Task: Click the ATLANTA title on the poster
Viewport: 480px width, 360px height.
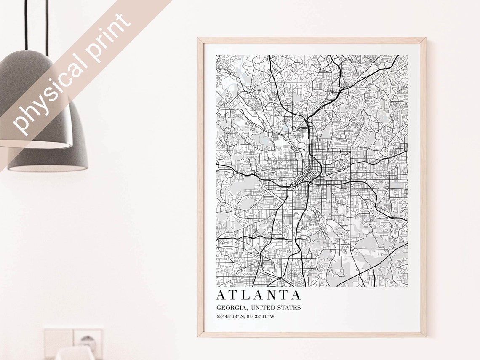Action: pos(259,295)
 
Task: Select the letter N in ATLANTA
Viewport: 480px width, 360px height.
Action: pos(271,295)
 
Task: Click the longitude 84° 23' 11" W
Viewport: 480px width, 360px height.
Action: pos(261,316)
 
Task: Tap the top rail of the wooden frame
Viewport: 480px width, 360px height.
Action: pos(312,40)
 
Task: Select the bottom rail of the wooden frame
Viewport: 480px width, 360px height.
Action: pos(312,334)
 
